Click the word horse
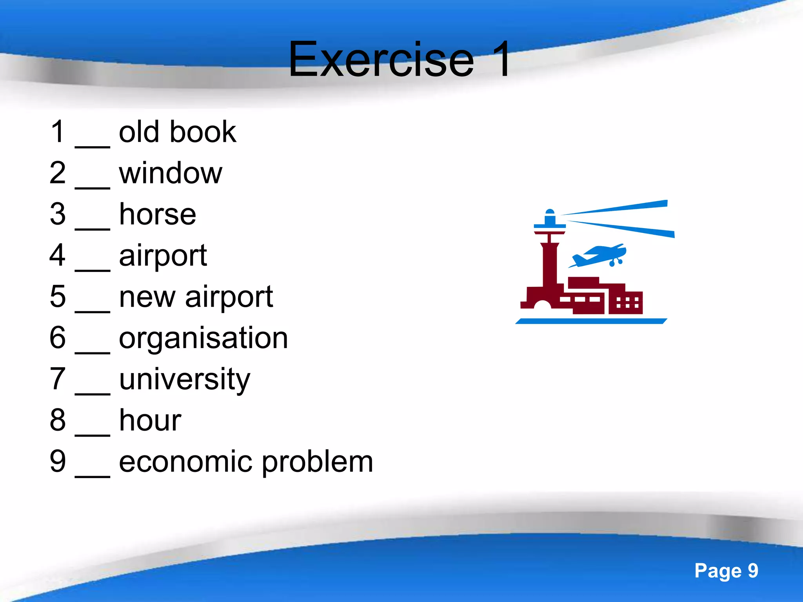[x=157, y=214]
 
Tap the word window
[x=171, y=173]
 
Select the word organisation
[x=203, y=338]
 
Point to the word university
[x=184, y=379]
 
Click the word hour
[x=150, y=420]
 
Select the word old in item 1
[x=139, y=132]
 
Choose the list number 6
[x=58, y=337]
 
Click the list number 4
[x=58, y=255]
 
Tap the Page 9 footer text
[x=726, y=571]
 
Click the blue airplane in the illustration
[x=598, y=256]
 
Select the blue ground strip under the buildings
[x=591, y=321]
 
